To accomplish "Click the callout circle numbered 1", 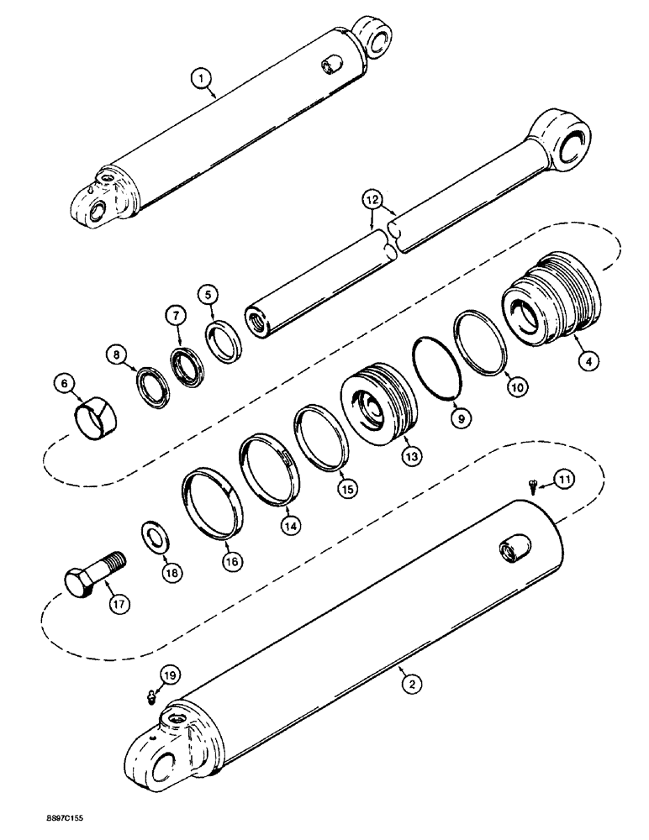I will [x=200, y=80].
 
